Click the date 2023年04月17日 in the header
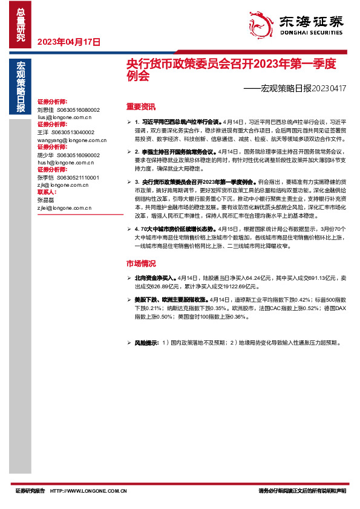coord(69,42)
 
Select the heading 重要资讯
coord(140,106)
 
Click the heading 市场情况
coord(140,264)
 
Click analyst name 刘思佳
coord(45,110)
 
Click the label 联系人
coord(47,193)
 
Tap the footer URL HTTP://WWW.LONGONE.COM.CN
coord(88,491)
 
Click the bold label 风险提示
coord(146,343)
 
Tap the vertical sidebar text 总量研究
coord(21,25)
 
